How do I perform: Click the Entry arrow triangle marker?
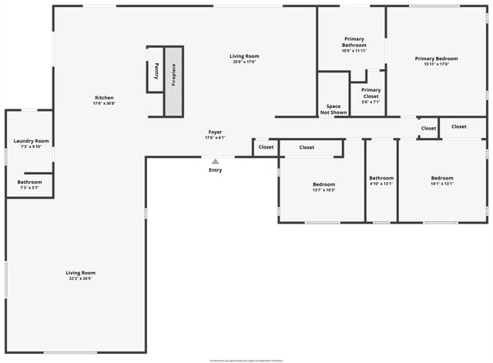[216, 161]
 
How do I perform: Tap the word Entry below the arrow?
[216, 170]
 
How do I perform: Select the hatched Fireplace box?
[173, 81]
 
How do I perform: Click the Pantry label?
[156, 71]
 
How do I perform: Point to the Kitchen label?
[104, 98]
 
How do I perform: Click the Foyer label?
[215, 133]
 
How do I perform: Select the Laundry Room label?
[31, 141]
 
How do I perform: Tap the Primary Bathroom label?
[354, 42]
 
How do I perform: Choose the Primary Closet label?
[371, 92]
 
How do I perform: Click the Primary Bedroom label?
[436, 59]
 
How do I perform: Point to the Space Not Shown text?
[334, 109]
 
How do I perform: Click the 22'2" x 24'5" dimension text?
[80, 278]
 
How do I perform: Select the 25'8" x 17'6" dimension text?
[244, 62]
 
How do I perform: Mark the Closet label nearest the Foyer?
[266, 147]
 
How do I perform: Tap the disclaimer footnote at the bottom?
[246, 360]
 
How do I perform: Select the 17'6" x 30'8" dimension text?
[104, 103]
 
